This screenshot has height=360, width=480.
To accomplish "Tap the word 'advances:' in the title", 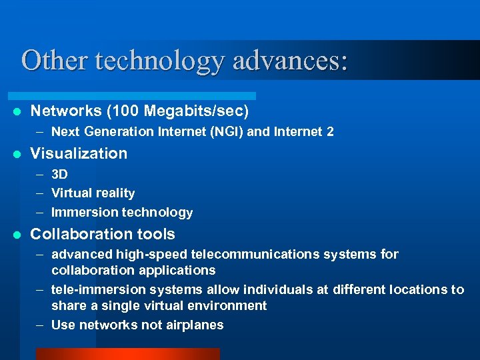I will click(291, 60).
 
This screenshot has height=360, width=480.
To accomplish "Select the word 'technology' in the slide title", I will click(161, 61).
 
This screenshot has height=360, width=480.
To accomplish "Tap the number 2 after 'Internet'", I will click(331, 132).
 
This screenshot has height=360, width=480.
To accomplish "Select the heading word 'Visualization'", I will click(79, 153).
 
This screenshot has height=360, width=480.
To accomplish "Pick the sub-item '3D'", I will click(59, 175).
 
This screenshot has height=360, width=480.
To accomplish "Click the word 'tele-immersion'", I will click(93, 289).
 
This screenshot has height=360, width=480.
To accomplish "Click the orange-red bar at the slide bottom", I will click(127, 354).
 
